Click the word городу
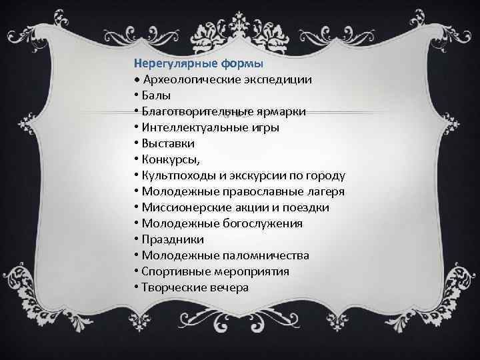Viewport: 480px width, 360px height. [x=323, y=176]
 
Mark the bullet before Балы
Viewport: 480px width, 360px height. [x=135, y=96]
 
